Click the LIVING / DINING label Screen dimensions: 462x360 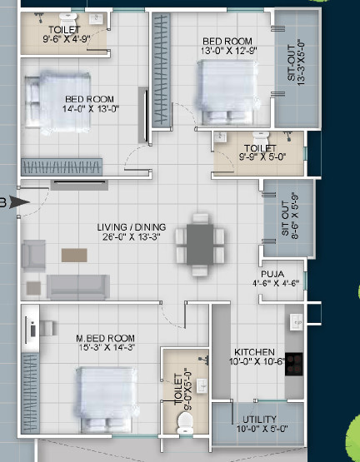[132, 226]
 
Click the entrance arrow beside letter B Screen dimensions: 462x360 [20, 201]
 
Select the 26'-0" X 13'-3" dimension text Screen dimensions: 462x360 [132, 236]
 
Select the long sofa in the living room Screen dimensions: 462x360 [77, 286]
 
